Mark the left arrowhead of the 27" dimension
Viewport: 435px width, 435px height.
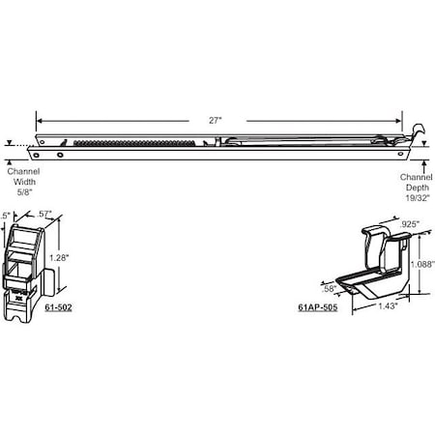click(x=39, y=119)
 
